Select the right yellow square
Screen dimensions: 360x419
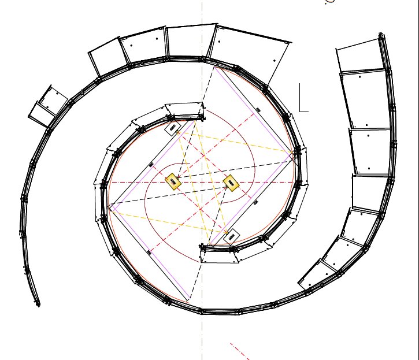pos(231,183)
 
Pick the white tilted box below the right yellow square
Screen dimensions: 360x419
pos(231,237)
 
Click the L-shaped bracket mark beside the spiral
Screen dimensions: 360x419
pos(303,98)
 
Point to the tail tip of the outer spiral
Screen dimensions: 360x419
pos(38,303)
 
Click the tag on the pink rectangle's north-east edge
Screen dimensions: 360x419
pos(258,109)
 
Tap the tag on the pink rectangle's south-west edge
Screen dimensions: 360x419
pos(150,251)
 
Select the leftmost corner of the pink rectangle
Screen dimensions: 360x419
pos(109,206)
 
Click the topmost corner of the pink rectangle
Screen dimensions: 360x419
pos(214,67)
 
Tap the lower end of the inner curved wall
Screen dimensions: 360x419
pos(202,247)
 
